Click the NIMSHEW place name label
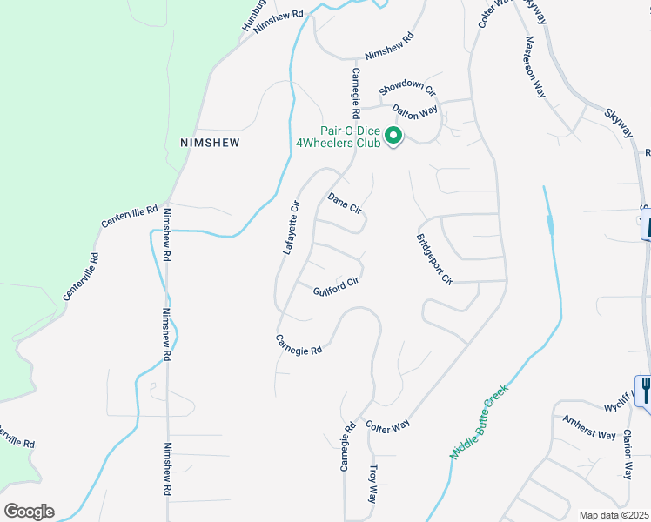[209, 142]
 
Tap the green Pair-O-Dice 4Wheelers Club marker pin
[393, 136]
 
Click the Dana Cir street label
[344, 204]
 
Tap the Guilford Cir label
[336, 284]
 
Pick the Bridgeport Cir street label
[435, 259]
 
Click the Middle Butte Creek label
[479, 422]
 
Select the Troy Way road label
[372, 484]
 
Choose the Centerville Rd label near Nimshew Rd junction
[129, 217]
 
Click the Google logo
[29, 512]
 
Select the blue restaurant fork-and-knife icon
[645, 389]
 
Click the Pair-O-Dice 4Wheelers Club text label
[339, 137]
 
